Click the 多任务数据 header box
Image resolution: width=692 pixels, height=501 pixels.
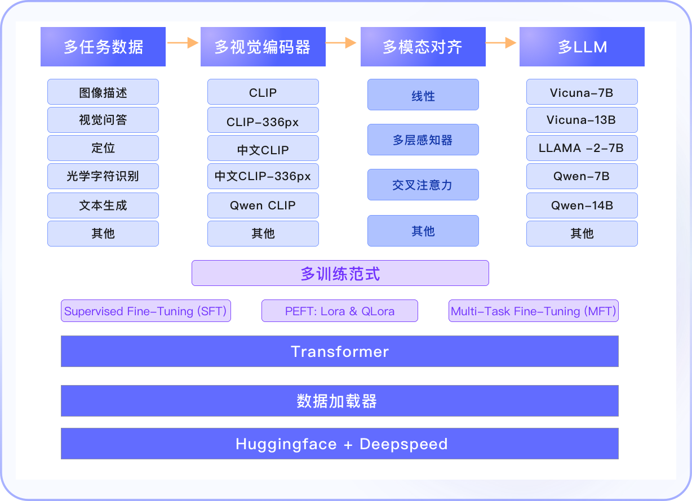(103, 47)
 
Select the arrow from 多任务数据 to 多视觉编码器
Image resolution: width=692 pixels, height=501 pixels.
(183, 43)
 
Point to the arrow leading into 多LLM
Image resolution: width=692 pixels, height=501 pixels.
(501, 43)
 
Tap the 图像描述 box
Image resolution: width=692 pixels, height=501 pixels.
(103, 92)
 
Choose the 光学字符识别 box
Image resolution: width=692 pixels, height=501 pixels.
(103, 176)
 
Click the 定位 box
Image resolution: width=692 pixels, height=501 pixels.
(103, 148)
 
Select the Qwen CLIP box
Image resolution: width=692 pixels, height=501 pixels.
(263, 205)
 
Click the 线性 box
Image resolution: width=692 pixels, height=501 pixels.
(423, 95)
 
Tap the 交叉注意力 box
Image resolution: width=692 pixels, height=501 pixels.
(423, 185)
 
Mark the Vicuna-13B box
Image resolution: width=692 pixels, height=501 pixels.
(582, 120)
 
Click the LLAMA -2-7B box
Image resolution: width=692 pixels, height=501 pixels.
(582, 148)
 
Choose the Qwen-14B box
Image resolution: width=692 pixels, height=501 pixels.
(582, 205)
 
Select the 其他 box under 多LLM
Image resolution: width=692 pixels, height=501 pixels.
(582, 234)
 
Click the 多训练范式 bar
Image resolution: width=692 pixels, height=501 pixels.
(340, 273)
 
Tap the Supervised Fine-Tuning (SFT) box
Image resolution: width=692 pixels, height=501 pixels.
(146, 311)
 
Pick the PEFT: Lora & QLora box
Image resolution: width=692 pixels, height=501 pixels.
(340, 311)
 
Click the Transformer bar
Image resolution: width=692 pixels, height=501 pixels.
(340, 351)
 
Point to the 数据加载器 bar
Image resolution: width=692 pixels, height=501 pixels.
(340, 401)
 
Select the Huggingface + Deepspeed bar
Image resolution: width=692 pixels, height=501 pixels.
(340, 444)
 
